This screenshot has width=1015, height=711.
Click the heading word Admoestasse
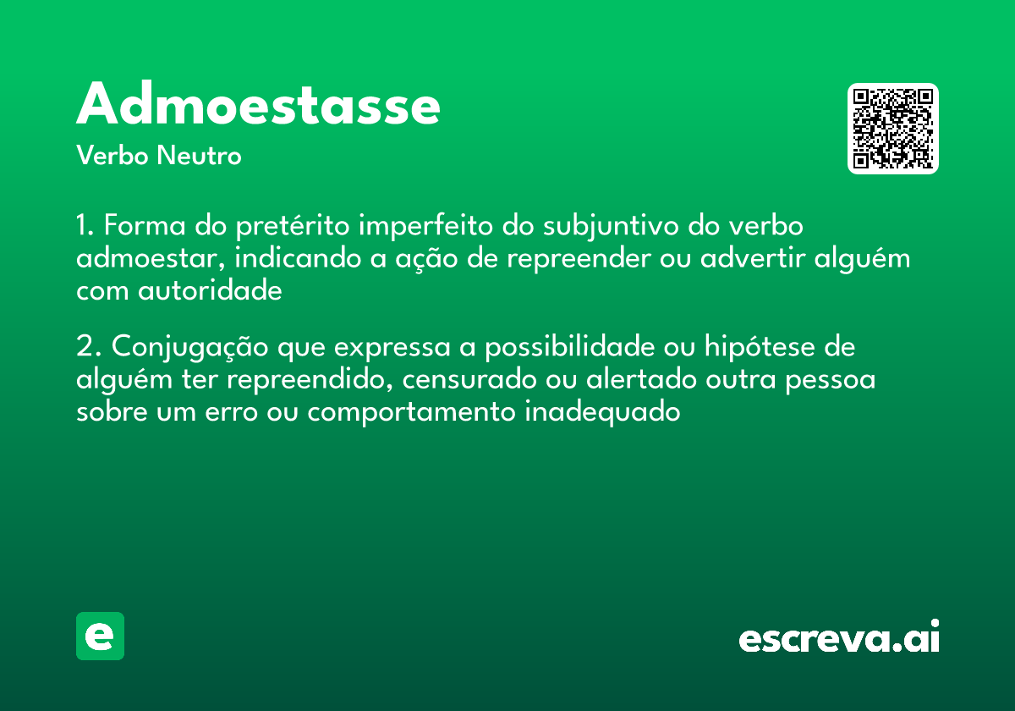coord(258,106)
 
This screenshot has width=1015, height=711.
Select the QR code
coord(893,129)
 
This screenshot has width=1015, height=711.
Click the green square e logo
coord(100,636)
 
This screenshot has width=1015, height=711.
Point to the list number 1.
coord(84,227)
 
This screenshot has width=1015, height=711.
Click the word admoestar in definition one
coord(147,258)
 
